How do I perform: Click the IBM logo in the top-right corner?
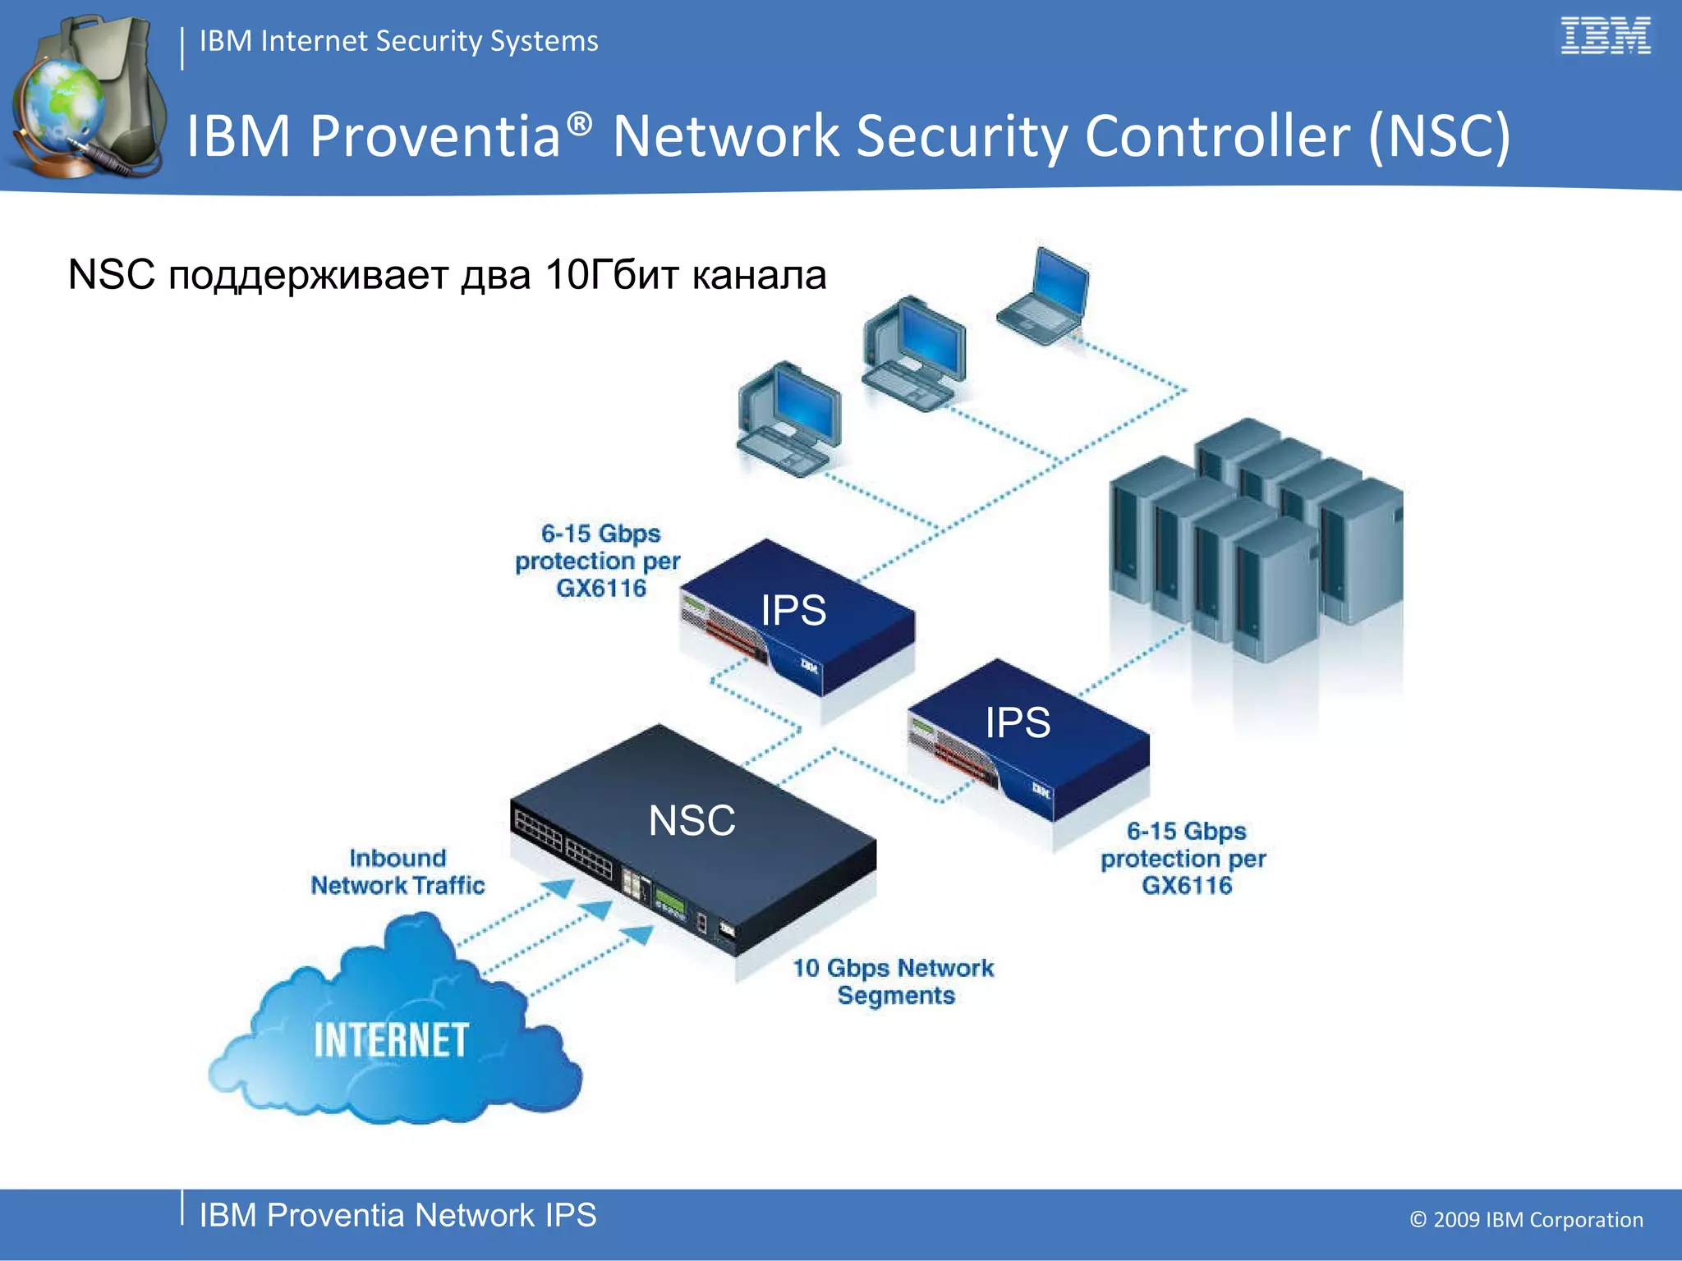coord(1605,36)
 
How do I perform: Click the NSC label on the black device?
coord(692,820)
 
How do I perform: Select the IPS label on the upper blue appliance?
coord(793,610)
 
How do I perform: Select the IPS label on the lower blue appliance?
coord(1017,722)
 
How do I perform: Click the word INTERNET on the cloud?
coord(391,1040)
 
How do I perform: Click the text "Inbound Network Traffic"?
coord(398,872)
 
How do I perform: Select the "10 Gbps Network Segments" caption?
coord(894,981)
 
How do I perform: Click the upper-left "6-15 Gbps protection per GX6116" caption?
coord(600,561)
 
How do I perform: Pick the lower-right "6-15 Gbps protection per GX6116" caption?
coord(1184,858)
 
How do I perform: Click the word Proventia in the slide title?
coord(435,135)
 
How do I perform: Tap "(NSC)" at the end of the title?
coord(1439,135)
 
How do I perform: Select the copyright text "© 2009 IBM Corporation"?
coord(1526,1220)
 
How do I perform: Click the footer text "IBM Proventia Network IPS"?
coord(398,1215)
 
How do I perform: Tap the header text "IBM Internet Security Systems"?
coord(398,41)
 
